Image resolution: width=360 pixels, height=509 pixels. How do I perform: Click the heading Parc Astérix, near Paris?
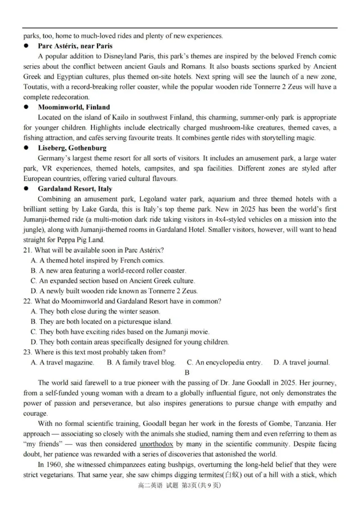[x=75, y=46]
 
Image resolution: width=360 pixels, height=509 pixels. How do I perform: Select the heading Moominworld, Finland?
[x=74, y=107]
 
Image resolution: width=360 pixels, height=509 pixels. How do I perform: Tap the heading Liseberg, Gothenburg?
[x=72, y=148]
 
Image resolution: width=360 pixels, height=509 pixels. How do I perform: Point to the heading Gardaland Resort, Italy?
[x=75, y=189]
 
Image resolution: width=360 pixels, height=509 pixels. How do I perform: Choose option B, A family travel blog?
[x=141, y=362]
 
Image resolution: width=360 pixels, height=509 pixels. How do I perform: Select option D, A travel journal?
[x=301, y=362]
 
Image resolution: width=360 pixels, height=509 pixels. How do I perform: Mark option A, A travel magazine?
[x=63, y=362]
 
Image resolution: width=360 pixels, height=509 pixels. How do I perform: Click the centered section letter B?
[x=187, y=372]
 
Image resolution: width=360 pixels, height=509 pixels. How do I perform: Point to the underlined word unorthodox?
[x=156, y=444]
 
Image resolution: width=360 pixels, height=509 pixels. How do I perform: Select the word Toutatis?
[x=37, y=87]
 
